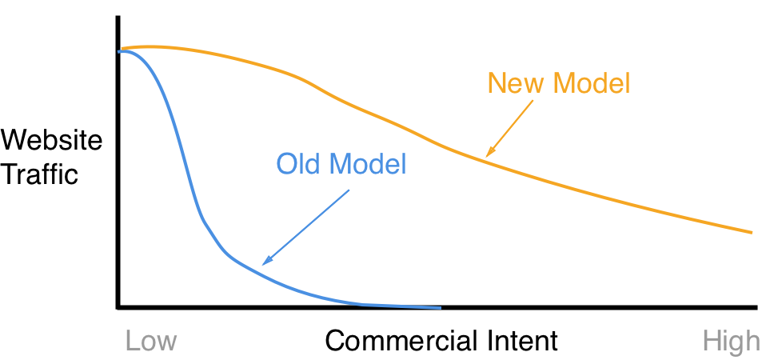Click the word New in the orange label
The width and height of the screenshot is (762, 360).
[513, 83]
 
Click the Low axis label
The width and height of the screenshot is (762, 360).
[150, 342]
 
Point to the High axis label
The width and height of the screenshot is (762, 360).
[731, 342]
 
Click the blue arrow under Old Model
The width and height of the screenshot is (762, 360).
[307, 226]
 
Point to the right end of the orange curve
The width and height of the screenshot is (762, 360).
[752, 232]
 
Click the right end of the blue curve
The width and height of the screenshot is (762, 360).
[440, 307]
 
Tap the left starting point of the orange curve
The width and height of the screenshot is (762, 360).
[124, 48]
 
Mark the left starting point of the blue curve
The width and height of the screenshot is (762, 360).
[119, 52]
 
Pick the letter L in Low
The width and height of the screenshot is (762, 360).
[131, 342]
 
